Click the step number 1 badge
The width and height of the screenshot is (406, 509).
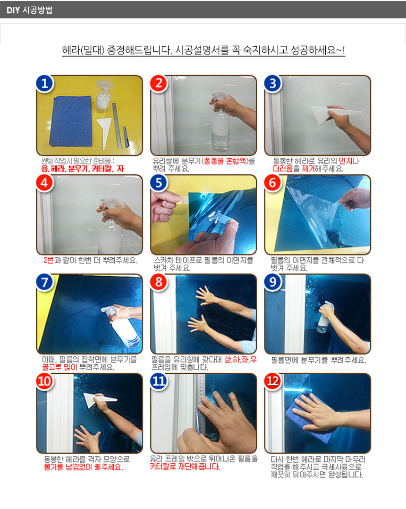point(45,84)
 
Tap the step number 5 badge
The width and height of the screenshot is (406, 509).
point(159,183)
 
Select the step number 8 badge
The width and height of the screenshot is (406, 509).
point(159,282)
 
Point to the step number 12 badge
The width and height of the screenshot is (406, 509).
point(273,381)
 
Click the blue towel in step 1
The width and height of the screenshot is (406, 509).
point(71,121)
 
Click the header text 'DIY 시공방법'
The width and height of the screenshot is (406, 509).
point(29,10)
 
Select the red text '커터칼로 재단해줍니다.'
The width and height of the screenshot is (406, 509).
point(185,467)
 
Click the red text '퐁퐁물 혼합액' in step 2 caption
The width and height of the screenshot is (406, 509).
point(225,161)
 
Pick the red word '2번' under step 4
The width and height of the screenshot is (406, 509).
point(49,260)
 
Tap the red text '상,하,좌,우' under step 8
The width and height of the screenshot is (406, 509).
point(241,360)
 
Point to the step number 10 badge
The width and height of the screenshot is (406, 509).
point(45,381)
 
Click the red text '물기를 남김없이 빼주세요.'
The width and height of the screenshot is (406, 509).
point(83,467)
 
